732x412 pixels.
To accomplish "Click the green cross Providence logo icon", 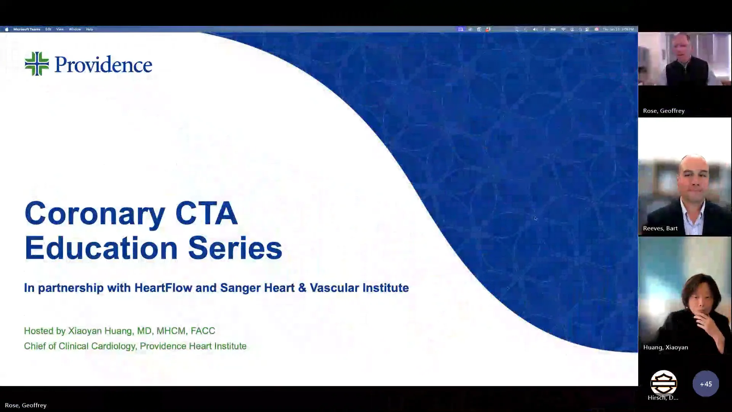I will [37, 64].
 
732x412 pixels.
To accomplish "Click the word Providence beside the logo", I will [103, 64].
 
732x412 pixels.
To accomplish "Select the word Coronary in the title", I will [95, 214].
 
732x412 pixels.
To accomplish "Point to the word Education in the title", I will [101, 248].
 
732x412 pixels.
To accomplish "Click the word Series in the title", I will [235, 248].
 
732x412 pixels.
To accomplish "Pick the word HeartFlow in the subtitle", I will [163, 288].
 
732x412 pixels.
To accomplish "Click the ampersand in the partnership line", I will [302, 288].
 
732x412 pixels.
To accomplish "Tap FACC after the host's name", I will [203, 331].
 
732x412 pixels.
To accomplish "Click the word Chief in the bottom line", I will [35, 346].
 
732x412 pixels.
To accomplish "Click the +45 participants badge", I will [706, 384].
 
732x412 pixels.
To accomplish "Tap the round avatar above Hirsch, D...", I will [663, 383].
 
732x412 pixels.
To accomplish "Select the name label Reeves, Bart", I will [660, 228].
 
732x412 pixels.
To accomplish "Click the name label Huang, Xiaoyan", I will [666, 347].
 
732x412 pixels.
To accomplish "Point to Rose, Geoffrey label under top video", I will [664, 111].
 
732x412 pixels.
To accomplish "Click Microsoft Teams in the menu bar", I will [27, 29].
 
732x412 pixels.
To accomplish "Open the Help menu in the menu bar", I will [90, 29].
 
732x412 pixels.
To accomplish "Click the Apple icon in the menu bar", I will [6, 29].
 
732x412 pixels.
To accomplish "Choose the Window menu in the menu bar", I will [75, 29].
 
